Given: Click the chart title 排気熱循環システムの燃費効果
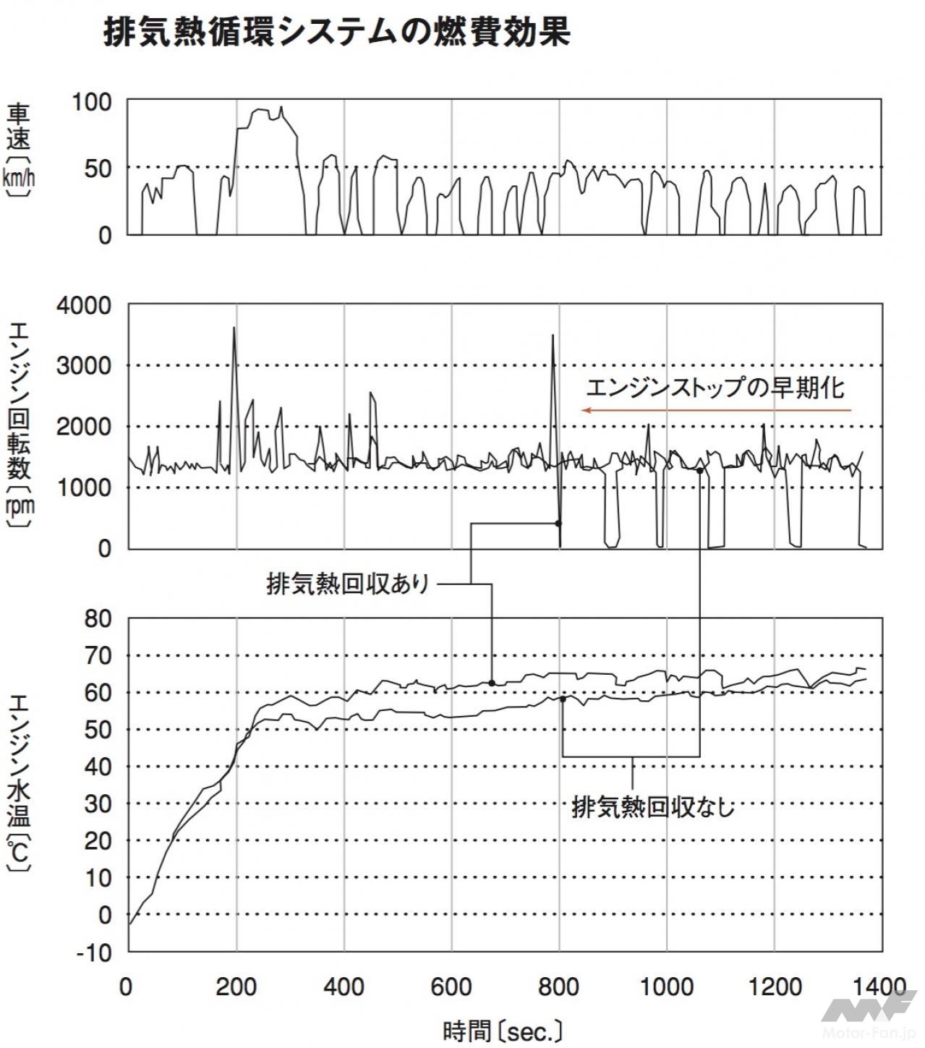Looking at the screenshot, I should tap(336, 32).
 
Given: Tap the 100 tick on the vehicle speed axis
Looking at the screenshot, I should tap(92, 102).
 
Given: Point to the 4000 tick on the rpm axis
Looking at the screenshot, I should tap(84, 306).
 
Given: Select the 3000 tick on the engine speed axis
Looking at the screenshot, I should tap(84, 366).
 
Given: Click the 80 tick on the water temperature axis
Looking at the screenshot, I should tap(99, 619).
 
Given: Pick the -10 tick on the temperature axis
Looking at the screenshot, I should tap(95, 953).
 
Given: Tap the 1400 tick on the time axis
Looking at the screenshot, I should tap(879, 987).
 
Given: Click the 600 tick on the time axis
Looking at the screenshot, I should tap(451, 987).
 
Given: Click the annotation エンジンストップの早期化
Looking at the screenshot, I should tap(715, 388).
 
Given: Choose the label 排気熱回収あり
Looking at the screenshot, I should tap(349, 584).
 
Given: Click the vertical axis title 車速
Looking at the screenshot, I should tap(19, 127).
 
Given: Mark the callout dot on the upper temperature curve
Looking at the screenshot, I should tap(492, 683).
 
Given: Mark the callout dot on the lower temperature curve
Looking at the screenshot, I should tap(563, 699).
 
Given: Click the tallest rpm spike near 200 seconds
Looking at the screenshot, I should tap(234, 330).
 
